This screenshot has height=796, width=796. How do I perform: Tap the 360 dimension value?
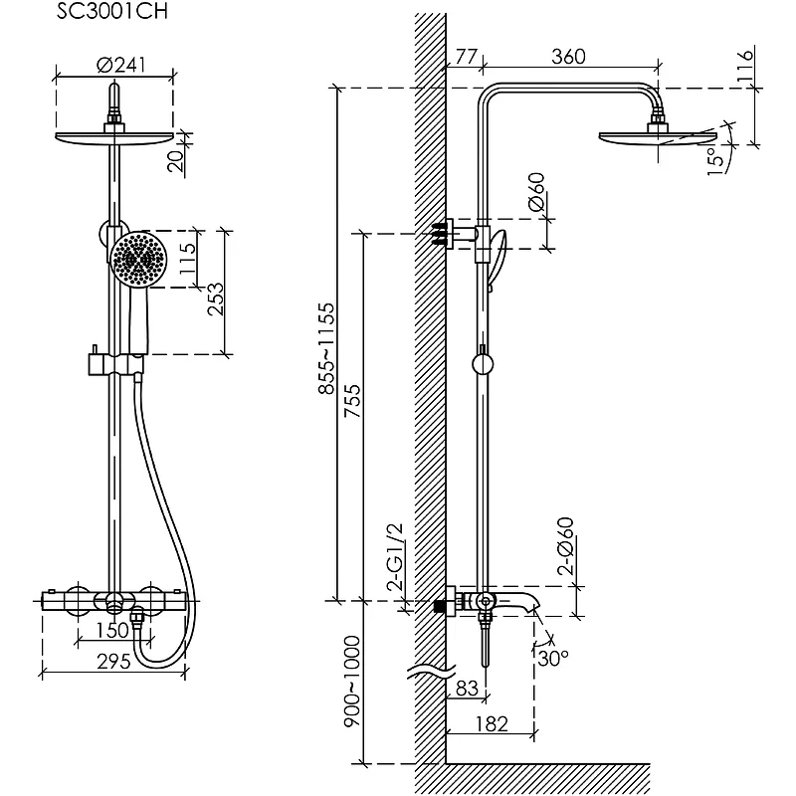567,57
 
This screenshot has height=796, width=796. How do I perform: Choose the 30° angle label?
553,658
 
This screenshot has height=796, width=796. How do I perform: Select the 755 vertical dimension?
351,402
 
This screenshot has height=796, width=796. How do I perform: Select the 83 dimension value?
466,687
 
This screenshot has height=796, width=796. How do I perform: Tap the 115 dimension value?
185,261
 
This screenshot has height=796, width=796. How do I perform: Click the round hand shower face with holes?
138,259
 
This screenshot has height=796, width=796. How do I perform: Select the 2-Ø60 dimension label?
566,546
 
